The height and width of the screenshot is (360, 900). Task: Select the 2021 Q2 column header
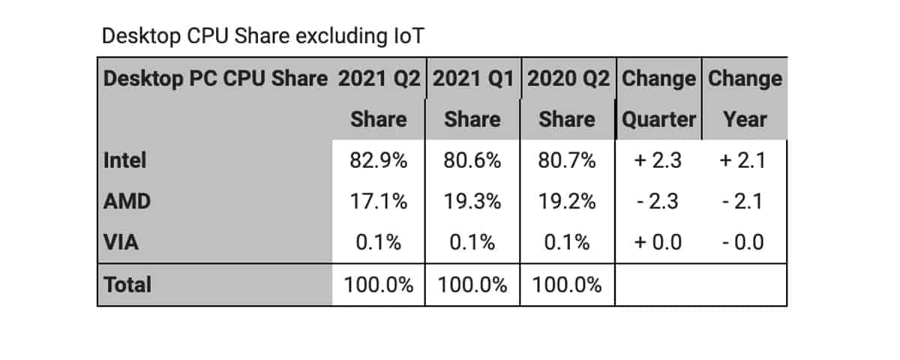(379, 78)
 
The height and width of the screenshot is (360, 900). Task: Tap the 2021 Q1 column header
(472, 78)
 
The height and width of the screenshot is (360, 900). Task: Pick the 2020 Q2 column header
(567, 78)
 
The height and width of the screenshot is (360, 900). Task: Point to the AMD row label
(125, 202)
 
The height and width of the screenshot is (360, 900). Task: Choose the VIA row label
(121, 243)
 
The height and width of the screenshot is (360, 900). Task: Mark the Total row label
(127, 285)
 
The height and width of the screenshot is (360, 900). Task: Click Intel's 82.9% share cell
(379, 160)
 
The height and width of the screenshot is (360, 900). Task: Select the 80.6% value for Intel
(472, 160)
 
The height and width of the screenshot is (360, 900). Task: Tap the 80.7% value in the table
(567, 160)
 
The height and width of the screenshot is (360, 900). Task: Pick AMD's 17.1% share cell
(379, 202)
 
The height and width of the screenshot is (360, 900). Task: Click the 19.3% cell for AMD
(472, 202)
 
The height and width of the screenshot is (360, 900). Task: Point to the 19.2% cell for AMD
(567, 202)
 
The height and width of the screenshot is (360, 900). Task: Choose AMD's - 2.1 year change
(745, 202)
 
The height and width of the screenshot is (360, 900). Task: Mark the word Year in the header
(745, 119)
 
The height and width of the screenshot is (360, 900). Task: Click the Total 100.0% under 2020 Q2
(567, 285)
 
